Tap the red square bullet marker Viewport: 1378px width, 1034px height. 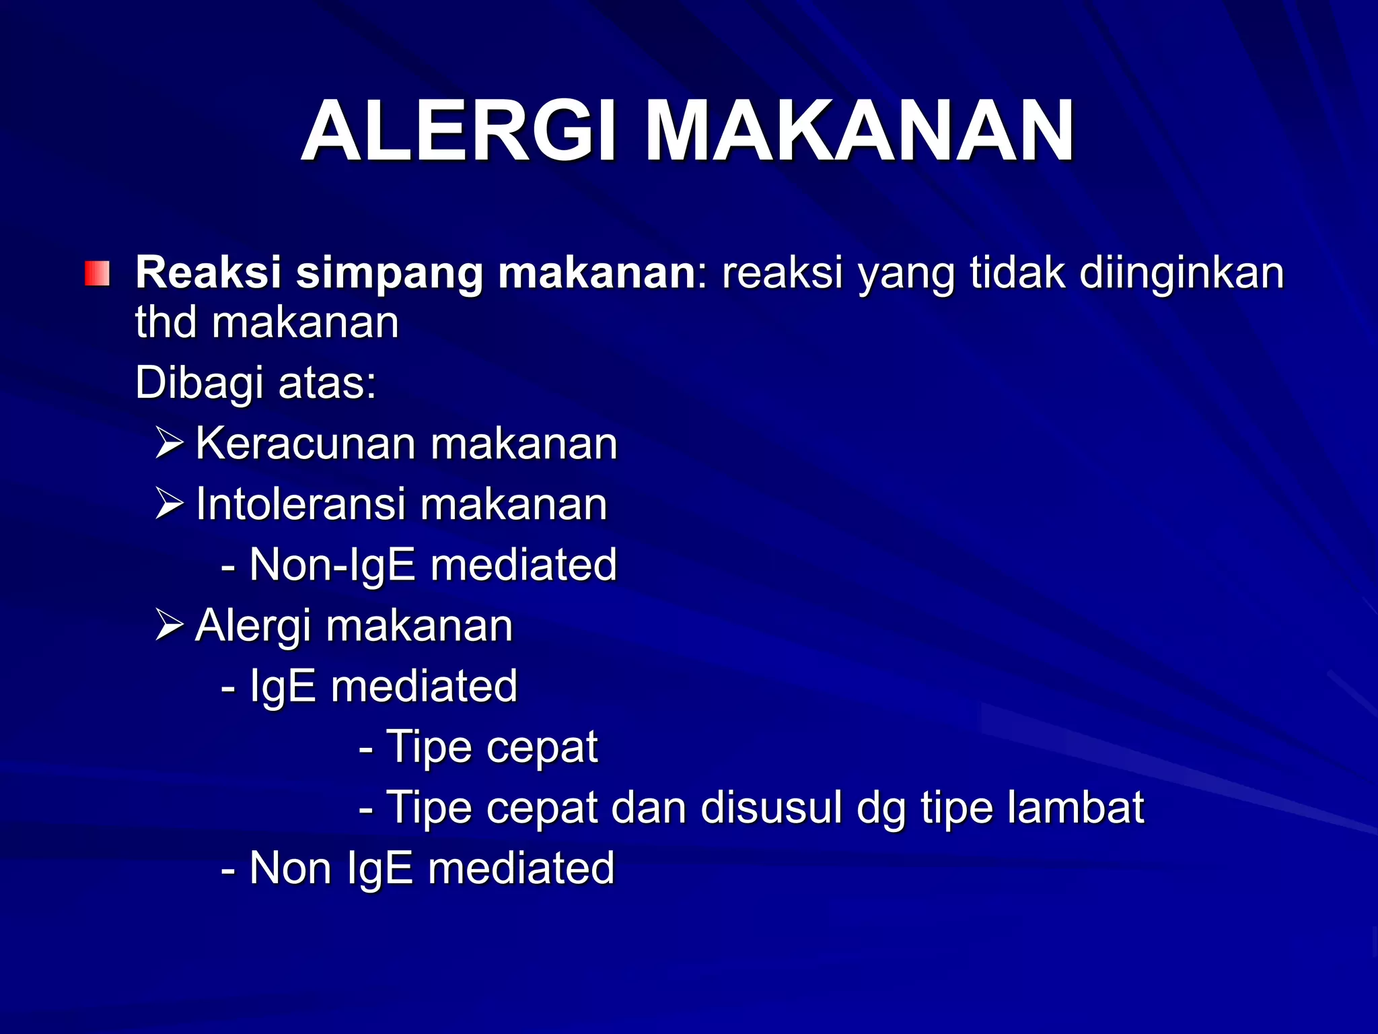click(97, 274)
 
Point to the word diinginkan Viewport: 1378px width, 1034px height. click(1182, 275)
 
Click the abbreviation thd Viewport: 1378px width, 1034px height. click(166, 322)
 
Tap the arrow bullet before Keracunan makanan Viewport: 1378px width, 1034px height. click(169, 443)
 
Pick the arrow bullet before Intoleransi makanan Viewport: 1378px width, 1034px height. click(169, 504)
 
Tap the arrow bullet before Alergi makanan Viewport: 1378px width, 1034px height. click(169, 625)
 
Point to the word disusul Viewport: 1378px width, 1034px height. click(771, 807)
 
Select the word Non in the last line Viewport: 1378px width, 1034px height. click(291, 868)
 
